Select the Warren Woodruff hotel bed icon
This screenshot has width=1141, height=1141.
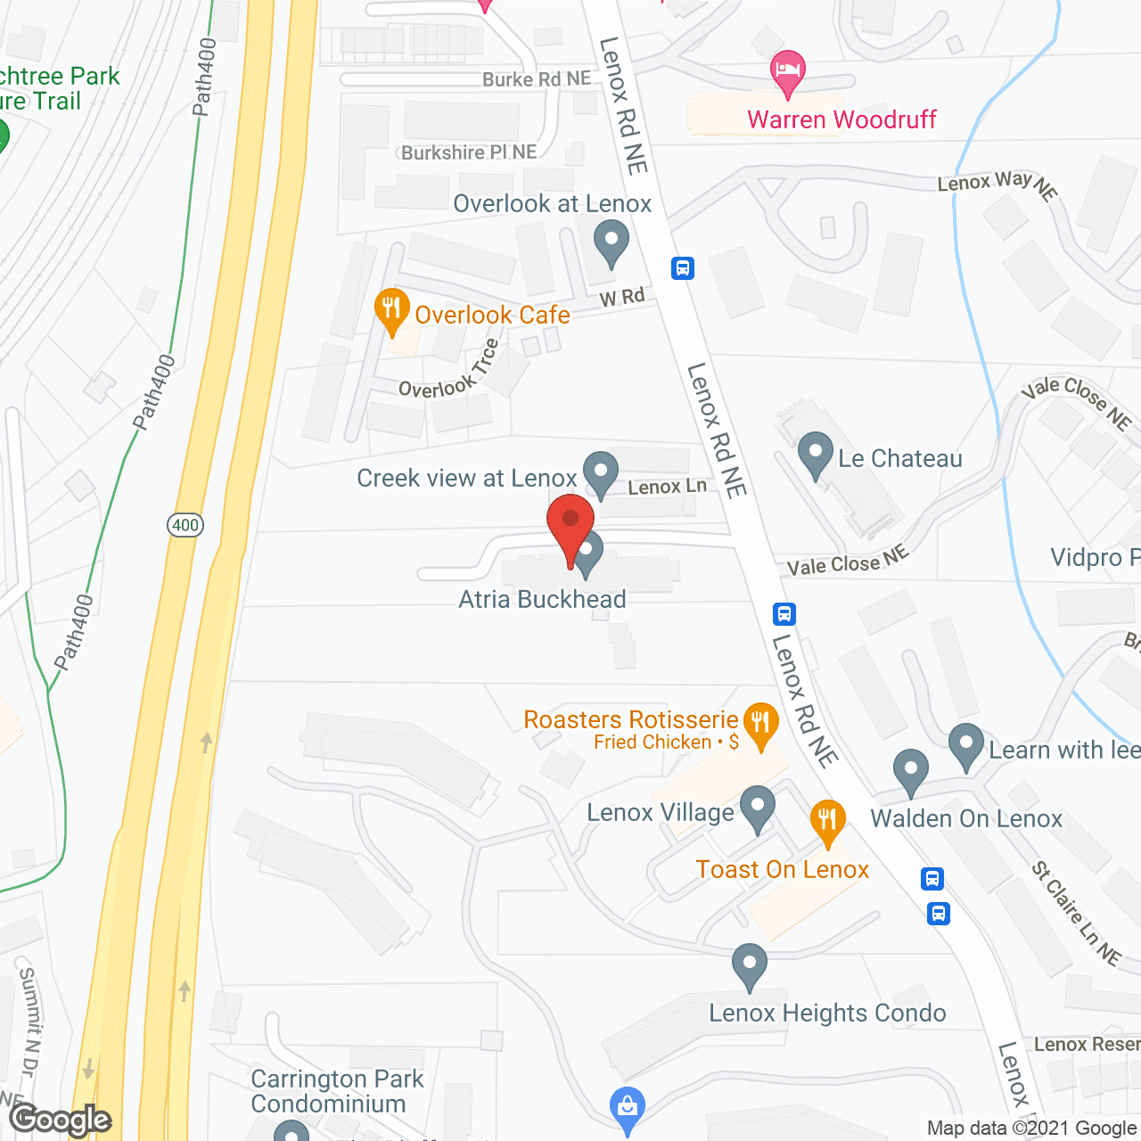point(787,72)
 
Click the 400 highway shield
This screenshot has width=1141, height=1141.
point(185,525)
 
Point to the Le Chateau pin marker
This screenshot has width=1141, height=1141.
point(815,455)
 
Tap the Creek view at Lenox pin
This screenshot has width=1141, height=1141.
point(601,473)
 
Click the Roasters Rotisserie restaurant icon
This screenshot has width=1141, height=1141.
point(760,724)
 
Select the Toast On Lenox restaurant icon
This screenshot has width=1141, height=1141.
point(827,822)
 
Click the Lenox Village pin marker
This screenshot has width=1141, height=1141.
point(757,808)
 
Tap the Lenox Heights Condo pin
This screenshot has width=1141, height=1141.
point(749,965)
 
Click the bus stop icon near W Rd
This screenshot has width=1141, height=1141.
point(683,267)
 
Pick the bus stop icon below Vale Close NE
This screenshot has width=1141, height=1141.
point(784,613)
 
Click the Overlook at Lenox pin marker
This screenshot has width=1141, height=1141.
point(612,242)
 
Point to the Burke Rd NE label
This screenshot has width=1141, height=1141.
point(536,79)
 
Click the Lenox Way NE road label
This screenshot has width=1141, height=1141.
point(997,184)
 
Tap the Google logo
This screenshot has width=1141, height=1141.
point(61,1120)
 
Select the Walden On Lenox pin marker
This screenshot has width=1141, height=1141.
point(910,771)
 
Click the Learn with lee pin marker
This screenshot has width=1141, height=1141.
point(965,745)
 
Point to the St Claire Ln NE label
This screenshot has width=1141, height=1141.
point(1076,913)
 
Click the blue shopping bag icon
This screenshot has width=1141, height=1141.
point(627,1107)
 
